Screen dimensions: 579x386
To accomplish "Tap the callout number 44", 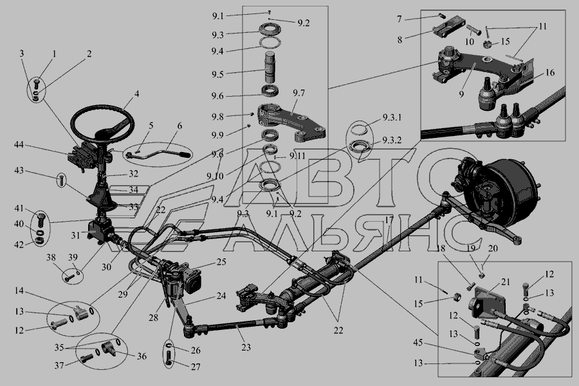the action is click(x=19, y=144).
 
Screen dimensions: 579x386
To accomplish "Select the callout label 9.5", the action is click(x=217, y=74).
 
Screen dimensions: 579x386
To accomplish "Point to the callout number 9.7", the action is click(x=299, y=93).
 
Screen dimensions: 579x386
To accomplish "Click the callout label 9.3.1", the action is click(x=392, y=117).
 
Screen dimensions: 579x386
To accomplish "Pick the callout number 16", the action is click(x=550, y=72).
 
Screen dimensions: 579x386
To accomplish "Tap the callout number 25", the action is click(x=221, y=262).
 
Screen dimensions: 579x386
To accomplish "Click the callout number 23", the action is click(x=246, y=347).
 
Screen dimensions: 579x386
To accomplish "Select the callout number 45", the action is click(x=418, y=343).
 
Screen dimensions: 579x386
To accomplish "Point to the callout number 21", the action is click(x=505, y=282).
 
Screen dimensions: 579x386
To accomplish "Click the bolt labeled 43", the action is click(x=62, y=180).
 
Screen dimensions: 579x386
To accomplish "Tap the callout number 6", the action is click(x=179, y=126).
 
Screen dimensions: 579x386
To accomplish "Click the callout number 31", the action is click(x=75, y=235).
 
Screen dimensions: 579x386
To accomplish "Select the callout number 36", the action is click(x=142, y=356).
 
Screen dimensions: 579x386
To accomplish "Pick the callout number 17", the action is click(x=389, y=220).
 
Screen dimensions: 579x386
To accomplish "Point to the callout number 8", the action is click(x=400, y=39).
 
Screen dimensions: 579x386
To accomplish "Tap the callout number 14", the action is click(x=19, y=291).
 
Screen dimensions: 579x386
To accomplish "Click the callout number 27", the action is click(x=196, y=367).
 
